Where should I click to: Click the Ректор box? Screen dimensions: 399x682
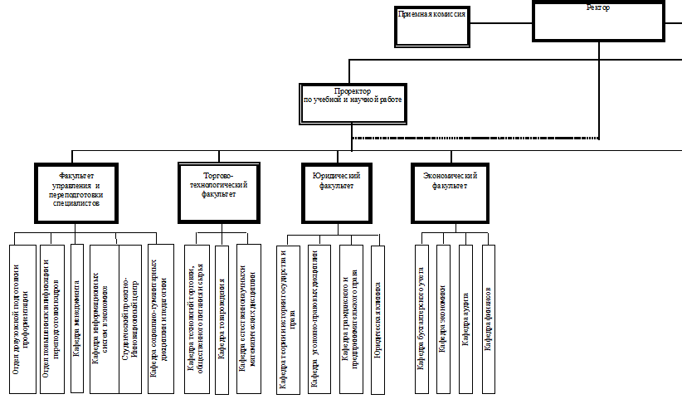tap(598, 22)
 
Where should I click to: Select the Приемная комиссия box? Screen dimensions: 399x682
tap(431, 26)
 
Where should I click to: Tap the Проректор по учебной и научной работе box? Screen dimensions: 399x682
tap(353, 102)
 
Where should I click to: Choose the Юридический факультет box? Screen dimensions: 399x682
tap(336, 192)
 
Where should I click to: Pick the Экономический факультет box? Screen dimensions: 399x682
tap(451, 192)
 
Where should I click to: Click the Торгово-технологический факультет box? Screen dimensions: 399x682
tap(219, 192)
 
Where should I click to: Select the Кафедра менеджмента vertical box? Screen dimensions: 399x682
tap(77, 318)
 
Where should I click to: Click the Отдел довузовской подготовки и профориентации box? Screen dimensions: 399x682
tap(22, 318)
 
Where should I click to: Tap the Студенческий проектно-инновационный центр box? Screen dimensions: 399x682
tap(130, 318)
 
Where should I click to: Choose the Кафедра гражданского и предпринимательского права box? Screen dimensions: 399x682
tap(351, 318)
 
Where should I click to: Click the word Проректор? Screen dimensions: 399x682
tap(352, 90)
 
